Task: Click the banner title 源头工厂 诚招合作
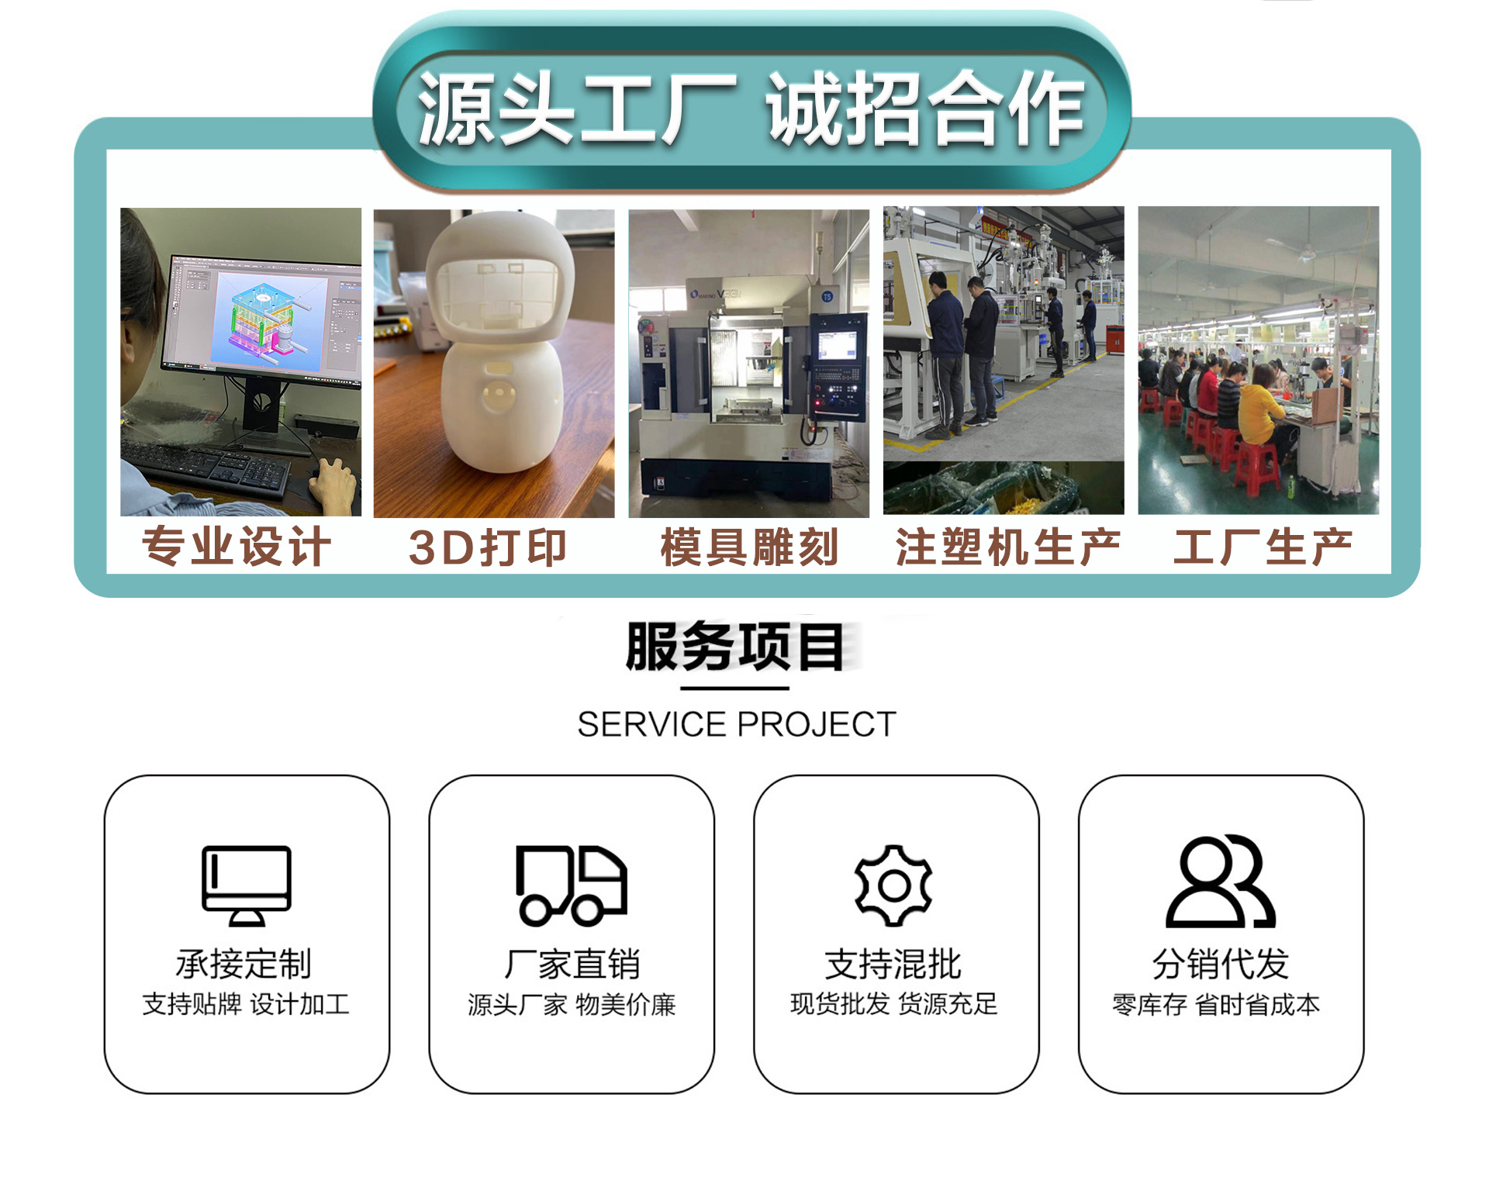[750, 109]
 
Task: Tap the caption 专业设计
[237, 547]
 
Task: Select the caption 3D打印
[487, 547]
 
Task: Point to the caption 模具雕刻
[749, 547]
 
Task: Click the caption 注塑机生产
[1007, 547]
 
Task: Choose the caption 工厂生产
[1263, 547]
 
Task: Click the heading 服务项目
[735, 647]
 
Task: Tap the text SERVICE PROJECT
[737, 724]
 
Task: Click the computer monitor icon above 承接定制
[247, 885]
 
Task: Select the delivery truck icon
[572, 885]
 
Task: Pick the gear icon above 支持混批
[893, 885]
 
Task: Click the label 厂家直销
[572, 965]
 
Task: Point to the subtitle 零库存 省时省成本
[1216, 1005]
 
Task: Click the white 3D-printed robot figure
[500, 341]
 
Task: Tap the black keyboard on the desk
[206, 465]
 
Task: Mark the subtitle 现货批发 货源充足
[893, 1004]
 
